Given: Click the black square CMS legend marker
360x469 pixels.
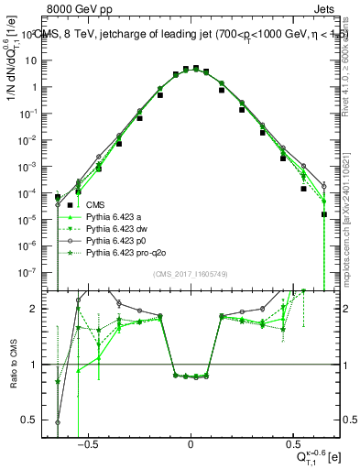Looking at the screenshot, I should [x=67, y=205].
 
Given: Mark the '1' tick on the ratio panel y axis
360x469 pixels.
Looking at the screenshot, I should [x=41, y=365].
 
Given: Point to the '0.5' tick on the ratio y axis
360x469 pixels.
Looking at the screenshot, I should [x=37, y=420].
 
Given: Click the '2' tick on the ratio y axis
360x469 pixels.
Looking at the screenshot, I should [x=41, y=309].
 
